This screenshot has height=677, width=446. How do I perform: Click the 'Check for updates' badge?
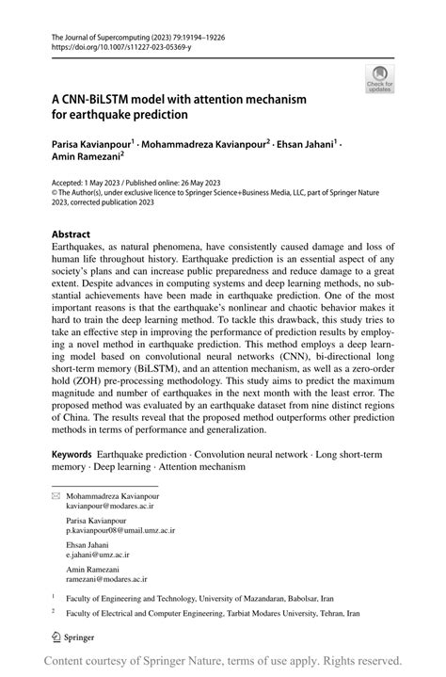click(381, 78)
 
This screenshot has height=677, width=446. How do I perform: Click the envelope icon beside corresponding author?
click(55, 494)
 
